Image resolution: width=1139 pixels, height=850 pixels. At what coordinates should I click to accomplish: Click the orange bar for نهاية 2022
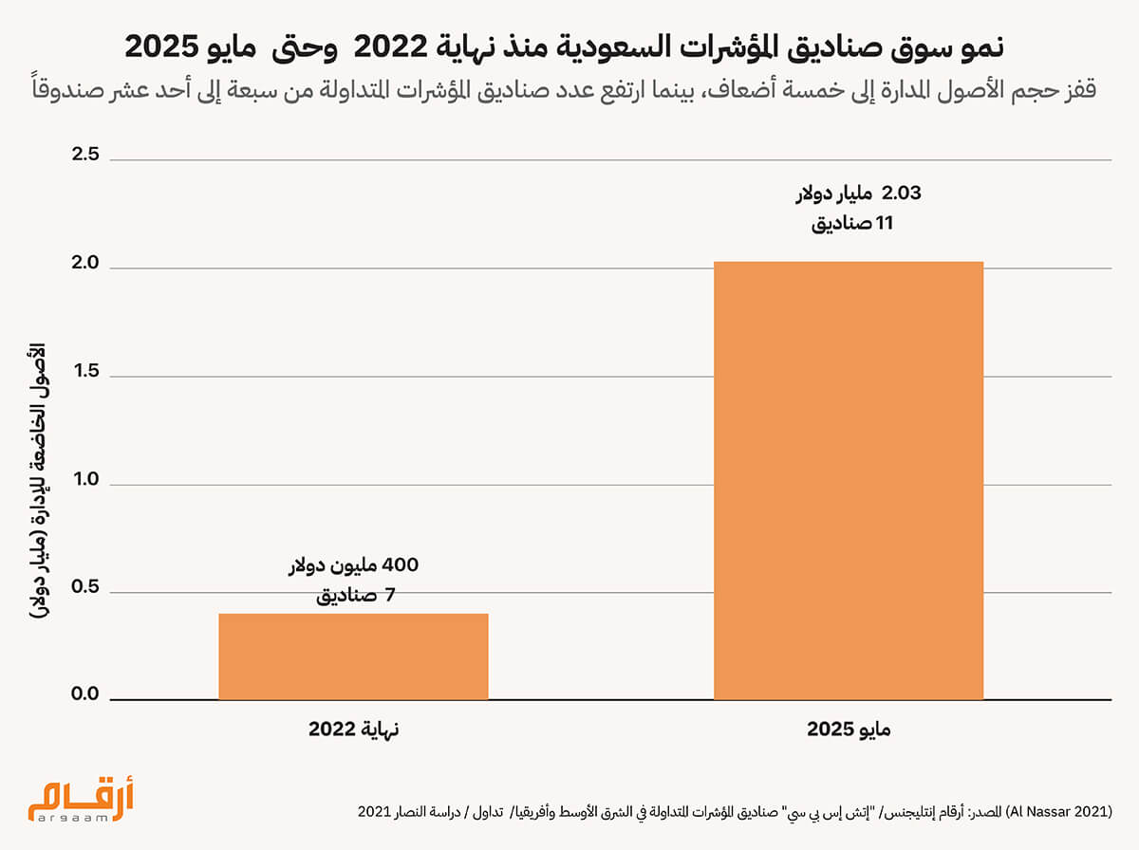tap(353, 656)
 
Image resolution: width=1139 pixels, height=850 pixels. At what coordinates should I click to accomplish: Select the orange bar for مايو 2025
tap(849, 481)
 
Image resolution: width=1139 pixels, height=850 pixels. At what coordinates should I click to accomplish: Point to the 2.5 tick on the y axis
tap(85, 155)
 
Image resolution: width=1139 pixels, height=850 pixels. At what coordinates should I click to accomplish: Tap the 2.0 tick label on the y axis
tap(85, 263)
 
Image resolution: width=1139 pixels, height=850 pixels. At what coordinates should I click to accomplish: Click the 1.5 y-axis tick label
tap(85, 371)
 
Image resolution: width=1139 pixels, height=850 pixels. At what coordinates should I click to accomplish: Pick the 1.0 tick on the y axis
tap(85, 479)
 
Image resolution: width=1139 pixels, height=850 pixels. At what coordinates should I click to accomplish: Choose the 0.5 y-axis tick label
tap(85, 587)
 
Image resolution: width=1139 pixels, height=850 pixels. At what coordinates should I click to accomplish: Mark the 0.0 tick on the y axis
tap(85, 695)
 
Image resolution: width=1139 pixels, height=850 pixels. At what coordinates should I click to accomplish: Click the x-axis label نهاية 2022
tap(353, 730)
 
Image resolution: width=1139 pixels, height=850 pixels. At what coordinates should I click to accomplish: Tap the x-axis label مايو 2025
tap(849, 730)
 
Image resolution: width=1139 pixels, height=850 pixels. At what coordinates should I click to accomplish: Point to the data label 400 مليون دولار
tap(353, 565)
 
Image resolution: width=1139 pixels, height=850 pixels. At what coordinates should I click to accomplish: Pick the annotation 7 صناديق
tap(353, 597)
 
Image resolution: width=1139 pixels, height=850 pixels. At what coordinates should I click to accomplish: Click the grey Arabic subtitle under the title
tap(569, 91)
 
